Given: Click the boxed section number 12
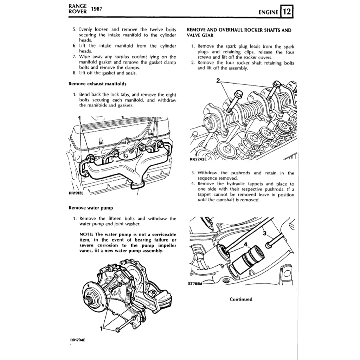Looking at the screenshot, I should click(x=287, y=12).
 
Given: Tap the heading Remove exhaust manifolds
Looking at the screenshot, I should click(x=97, y=84).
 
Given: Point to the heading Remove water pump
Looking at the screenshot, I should click(x=91, y=208).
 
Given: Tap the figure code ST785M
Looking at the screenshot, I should click(x=195, y=285).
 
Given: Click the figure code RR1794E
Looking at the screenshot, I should click(x=78, y=340).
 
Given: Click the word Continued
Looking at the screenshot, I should click(x=241, y=299).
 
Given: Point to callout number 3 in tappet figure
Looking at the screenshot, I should click(x=264, y=233).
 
